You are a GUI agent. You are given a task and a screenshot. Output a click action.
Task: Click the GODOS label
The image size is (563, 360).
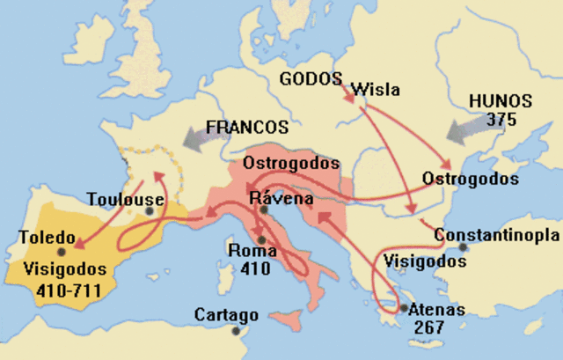(311, 78)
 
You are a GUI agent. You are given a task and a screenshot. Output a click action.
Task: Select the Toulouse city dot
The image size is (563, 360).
(152, 211)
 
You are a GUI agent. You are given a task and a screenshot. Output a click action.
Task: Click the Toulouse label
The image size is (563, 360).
(125, 198)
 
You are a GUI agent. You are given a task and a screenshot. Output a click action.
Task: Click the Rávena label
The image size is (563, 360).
(278, 197)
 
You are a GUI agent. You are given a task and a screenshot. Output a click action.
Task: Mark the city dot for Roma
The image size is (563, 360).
(261, 239)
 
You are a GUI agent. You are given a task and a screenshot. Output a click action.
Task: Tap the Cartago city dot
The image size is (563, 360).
(235, 331)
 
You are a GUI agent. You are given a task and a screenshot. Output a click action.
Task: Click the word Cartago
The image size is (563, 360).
(226, 314)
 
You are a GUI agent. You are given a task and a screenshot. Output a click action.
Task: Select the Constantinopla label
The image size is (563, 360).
(496, 236)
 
